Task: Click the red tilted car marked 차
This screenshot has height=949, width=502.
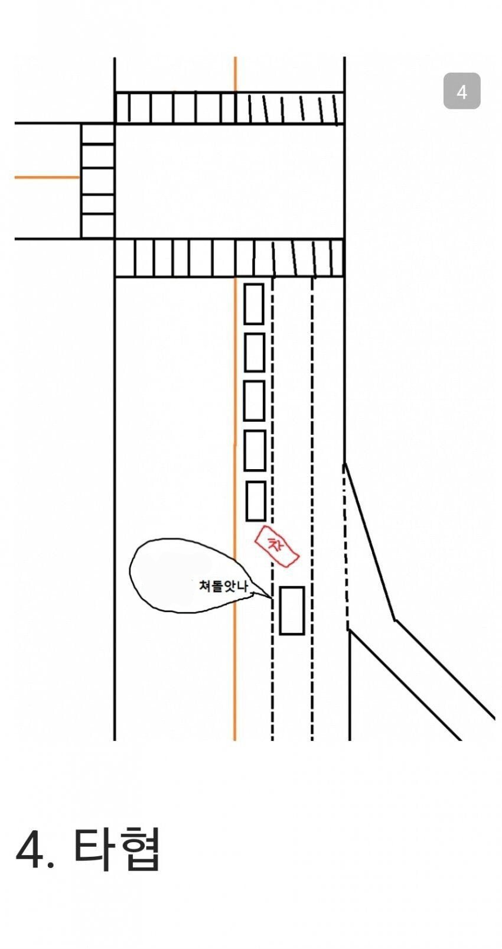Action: (x=277, y=545)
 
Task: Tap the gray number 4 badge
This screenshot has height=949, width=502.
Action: (x=462, y=91)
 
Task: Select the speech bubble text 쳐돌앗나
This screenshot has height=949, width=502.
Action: (x=223, y=586)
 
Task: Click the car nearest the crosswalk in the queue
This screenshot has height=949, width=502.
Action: (x=254, y=304)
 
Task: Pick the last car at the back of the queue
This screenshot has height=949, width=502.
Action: (x=255, y=500)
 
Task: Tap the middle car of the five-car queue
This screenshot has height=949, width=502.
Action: (x=255, y=401)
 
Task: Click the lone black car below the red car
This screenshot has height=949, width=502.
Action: (x=292, y=610)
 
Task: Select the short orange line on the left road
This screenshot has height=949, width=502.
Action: (x=47, y=177)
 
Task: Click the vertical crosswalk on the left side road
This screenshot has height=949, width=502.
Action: (x=98, y=181)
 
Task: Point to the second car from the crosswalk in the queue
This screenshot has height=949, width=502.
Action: (x=255, y=353)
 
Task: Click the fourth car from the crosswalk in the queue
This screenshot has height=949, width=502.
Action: (x=255, y=450)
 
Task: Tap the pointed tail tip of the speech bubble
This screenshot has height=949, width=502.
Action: (x=271, y=598)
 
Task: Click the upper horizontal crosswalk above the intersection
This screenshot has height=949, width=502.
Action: (x=229, y=108)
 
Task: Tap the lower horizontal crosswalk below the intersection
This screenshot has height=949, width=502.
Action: (x=229, y=258)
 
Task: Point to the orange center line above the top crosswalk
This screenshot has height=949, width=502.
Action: (x=235, y=74)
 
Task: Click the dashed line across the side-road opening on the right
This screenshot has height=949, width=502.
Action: (x=346, y=547)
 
